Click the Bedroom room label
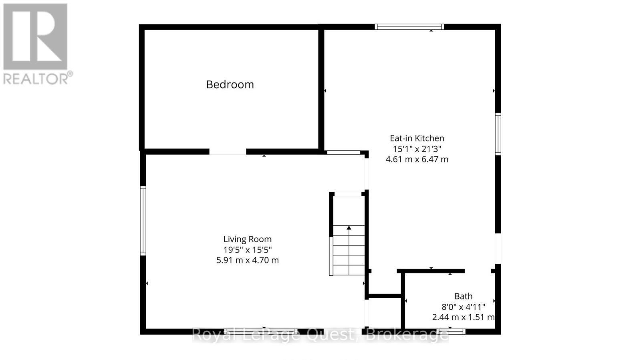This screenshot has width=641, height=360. click(x=230, y=85)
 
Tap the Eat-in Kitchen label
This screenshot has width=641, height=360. click(x=417, y=138)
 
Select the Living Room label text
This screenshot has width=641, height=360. click(x=247, y=239)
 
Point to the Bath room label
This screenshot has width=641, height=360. click(x=463, y=296)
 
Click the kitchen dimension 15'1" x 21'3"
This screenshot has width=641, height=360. click(x=417, y=149)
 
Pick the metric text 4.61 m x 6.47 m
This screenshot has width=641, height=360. click(x=417, y=159)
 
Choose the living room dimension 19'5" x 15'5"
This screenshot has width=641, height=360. click(x=247, y=250)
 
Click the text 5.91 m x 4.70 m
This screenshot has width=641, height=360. click(x=247, y=260)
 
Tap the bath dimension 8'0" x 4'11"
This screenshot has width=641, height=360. click(x=463, y=307)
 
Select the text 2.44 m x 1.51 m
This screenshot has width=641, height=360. click(x=463, y=317)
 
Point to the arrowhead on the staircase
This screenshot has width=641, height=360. click(x=349, y=228)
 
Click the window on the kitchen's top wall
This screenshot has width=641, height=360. click(x=409, y=27)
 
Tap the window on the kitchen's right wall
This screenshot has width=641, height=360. click(x=498, y=134)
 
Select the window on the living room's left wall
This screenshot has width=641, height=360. click(x=143, y=220)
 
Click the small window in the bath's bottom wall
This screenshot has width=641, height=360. click(x=451, y=332)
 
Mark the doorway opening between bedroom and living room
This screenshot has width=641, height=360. click(x=228, y=152)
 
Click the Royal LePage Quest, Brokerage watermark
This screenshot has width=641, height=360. click(x=320, y=335)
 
